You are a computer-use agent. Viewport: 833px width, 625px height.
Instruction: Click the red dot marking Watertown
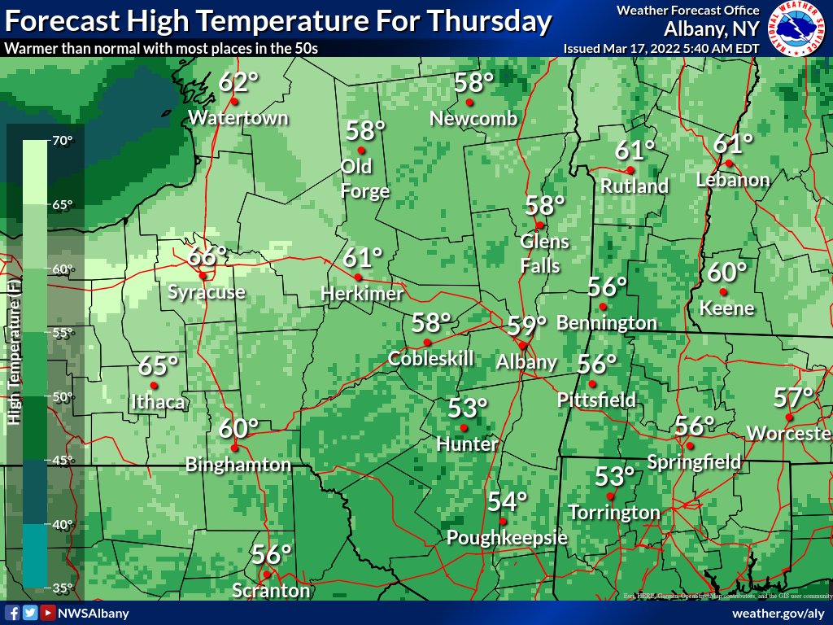233,102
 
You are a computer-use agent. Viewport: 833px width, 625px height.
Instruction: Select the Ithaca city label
158,401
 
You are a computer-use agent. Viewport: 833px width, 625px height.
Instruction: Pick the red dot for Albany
522,345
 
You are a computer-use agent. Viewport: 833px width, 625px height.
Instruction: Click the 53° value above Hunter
468,406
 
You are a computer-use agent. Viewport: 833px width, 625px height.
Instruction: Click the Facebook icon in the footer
12,613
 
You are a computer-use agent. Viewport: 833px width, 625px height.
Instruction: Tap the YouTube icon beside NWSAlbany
48,613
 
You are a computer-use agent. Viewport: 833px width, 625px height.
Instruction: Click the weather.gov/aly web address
778,613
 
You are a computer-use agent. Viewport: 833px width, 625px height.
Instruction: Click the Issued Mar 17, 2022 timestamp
661,48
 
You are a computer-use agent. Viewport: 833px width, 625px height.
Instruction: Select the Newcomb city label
473,119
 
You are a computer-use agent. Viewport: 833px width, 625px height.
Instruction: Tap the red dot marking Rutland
630,170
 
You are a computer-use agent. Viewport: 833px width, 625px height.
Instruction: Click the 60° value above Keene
726,272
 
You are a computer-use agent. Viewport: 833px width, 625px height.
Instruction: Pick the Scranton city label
271,590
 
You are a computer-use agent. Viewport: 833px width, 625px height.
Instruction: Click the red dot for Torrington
610,495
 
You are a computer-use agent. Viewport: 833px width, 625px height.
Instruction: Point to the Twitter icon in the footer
30,613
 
